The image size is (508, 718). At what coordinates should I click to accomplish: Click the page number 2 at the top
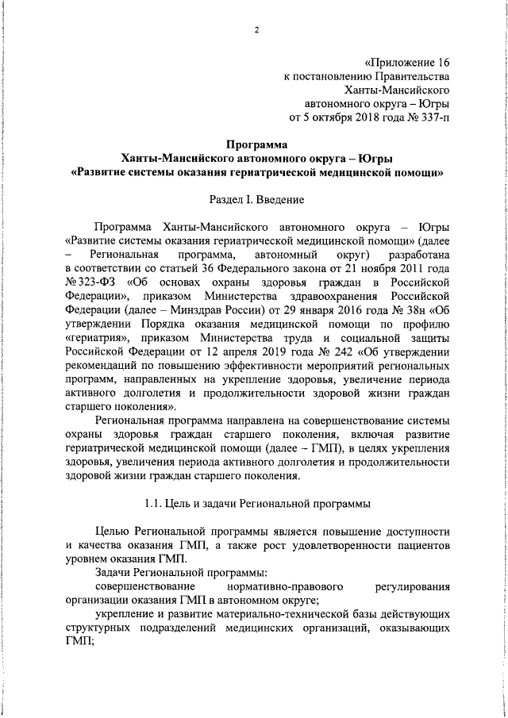coord(256,30)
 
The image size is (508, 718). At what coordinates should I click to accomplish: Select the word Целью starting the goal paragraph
coord(110,531)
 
